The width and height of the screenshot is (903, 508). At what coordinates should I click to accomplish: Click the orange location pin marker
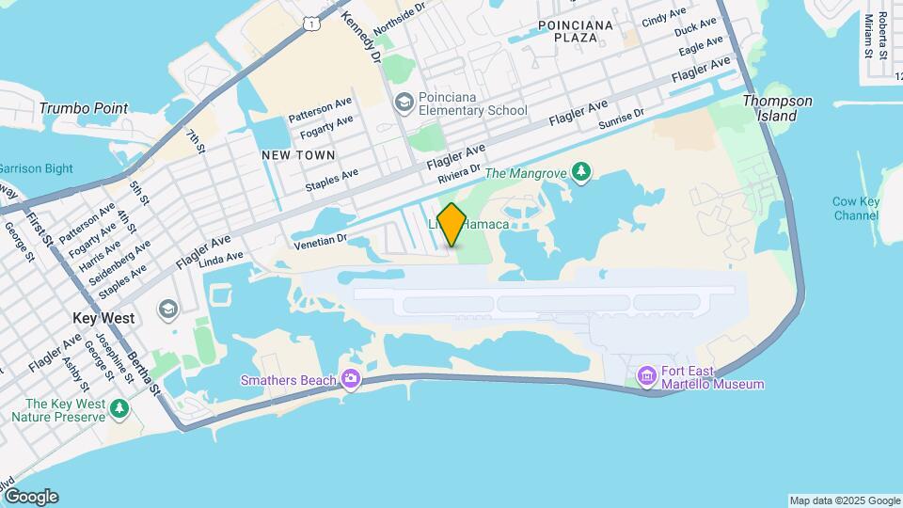(451, 225)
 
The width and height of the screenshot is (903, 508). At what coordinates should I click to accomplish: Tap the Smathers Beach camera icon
(351, 379)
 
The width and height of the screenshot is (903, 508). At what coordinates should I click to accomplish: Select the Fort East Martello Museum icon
(647, 376)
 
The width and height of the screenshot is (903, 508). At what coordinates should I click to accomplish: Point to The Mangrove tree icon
(583, 170)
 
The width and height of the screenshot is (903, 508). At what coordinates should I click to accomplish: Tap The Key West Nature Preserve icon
(119, 408)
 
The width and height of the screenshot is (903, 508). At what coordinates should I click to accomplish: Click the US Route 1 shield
(310, 22)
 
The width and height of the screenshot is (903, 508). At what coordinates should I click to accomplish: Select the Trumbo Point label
(84, 108)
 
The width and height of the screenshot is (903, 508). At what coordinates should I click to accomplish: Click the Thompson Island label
(777, 108)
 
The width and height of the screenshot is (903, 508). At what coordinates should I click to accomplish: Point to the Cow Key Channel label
(856, 209)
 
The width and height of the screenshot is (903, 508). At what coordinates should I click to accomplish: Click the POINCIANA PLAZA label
(576, 31)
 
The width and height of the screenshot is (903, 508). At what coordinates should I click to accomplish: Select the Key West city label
(103, 318)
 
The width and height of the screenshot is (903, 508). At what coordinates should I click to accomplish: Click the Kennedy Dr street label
(361, 36)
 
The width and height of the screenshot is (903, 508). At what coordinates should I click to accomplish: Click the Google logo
(30, 497)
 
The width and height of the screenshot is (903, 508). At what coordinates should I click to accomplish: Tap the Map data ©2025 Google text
(844, 500)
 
